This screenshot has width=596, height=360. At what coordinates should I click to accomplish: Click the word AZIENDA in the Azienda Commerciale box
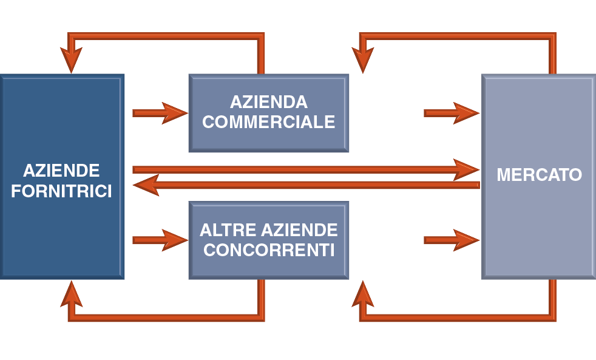[x=268, y=102]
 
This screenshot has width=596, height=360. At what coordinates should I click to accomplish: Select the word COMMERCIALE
[x=268, y=122]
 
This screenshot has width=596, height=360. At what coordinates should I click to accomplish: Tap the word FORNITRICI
[x=61, y=192]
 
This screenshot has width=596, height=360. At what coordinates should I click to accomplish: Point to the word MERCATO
[x=539, y=175]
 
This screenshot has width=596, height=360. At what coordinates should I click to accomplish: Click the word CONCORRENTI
[x=268, y=250]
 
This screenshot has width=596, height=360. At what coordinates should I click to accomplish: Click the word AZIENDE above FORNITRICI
[x=61, y=170]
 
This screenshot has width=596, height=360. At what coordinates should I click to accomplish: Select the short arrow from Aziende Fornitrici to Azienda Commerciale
[x=159, y=113]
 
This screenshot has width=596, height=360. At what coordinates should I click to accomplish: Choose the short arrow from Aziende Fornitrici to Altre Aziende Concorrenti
[x=159, y=240]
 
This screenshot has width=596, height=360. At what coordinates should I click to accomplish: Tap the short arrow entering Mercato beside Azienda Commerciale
[x=451, y=113]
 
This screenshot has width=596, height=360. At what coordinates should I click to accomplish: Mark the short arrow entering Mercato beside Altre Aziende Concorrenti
[x=451, y=240]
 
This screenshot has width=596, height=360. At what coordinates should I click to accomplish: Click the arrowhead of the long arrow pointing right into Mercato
[x=466, y=169]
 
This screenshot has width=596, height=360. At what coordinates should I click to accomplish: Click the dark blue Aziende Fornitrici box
[x=61, y=243]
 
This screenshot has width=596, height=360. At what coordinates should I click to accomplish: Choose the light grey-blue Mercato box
[x=539, y=231]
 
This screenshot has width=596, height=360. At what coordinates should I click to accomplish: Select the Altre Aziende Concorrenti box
[x=268, y=267]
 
